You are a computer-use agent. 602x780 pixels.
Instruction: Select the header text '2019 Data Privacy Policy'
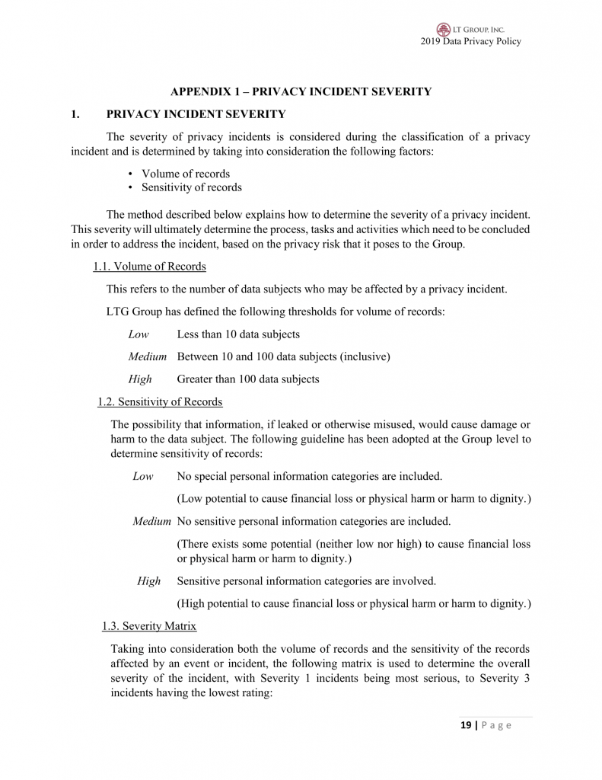click(x=470, y=41)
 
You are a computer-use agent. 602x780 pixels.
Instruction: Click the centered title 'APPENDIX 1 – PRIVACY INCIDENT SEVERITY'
click(x=301, y=92)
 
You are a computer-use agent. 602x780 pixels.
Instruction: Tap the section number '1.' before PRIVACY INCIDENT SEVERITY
click(x=75, y=114)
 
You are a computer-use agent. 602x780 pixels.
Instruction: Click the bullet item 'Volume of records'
click(x=186, y=174)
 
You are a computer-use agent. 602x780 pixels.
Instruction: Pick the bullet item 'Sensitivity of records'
click(x=192, y=187)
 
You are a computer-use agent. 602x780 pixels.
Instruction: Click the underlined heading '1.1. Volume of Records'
click(x=149, y=267)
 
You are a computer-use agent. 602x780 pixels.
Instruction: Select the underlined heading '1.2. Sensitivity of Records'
click(x=160, y=401)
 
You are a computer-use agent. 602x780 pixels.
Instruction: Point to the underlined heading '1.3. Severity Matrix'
click(x=149, y=626)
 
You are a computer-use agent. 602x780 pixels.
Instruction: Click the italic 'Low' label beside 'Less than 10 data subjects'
click(x=139, y=334)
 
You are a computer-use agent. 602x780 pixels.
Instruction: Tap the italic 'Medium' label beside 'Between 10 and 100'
click(x=148, y=356)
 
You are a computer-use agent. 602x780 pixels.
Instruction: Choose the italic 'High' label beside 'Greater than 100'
click(x=140, y=379)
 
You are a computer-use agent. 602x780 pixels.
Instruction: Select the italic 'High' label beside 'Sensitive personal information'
click(x=149, y=581)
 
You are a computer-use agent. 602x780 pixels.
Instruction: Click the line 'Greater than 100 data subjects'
click(x=248, y=379)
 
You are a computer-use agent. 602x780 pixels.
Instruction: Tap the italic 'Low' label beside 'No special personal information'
click(x=142, y=477)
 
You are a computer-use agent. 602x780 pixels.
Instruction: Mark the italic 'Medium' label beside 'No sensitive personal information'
click(x=151, y=522)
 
